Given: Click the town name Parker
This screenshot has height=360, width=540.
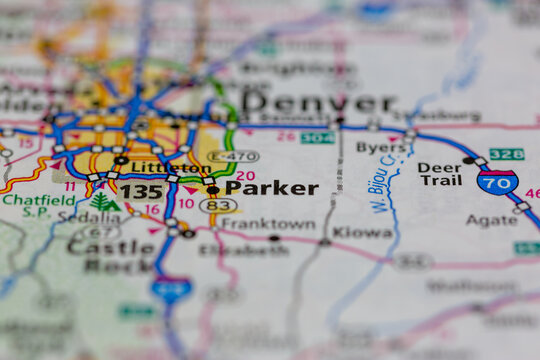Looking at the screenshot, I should [271, 188].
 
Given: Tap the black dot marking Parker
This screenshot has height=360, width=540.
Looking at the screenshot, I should [212, 189].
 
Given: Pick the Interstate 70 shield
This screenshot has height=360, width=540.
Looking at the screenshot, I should [497, 181].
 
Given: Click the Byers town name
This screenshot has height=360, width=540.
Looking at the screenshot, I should [381, 147].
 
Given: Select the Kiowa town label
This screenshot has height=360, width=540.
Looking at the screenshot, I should [362, 232].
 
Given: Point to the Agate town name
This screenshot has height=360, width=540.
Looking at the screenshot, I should [492, 220].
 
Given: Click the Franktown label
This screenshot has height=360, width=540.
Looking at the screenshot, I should [267, 224].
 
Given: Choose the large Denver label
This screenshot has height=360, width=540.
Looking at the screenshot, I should [318, 103].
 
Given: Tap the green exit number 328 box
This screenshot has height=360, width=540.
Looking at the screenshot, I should [507, 154].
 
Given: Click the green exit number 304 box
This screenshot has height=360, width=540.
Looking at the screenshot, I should [317, 137].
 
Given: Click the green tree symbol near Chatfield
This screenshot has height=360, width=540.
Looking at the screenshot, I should [102, 202].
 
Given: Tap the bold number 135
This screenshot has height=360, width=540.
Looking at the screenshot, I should [141, 191].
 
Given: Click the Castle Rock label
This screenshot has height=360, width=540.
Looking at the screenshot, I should [110, 256].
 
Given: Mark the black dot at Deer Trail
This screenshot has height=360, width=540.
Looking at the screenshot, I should [468, 160].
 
